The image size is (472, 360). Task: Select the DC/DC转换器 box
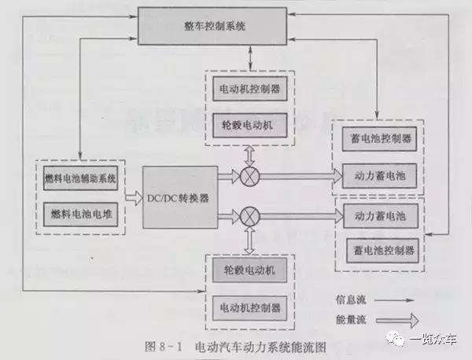(x=177, y=197)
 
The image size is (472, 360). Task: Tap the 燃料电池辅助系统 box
(x=79, y=179)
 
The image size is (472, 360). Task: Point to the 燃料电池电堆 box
(x=79, y=214)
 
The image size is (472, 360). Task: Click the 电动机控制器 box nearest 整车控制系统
(x=249, y=88)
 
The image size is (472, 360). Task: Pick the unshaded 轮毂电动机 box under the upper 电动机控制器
(x=249, y=123)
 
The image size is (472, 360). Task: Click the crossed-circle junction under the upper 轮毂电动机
(x=249, y=176)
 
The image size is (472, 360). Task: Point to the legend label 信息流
(x=352, y=299)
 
